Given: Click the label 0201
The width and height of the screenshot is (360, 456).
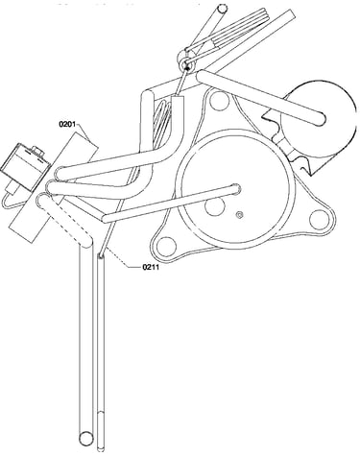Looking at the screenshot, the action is click(x=67, y=124).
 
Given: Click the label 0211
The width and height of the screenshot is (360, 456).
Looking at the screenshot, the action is click(x=151, y=267).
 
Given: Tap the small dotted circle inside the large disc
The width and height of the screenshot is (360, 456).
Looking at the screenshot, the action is click(x=239, y=215).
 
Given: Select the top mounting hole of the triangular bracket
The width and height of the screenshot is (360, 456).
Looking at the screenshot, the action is click(x=218, y=100).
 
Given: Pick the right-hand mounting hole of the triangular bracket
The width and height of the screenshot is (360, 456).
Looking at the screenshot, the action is click(x=318, y=219).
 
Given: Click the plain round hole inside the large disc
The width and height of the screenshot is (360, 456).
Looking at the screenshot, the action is click(x=214, y=206).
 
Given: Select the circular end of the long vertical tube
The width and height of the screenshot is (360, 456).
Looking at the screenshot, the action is click(x=86, y=438).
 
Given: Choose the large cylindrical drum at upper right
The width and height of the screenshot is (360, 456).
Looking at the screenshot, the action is click(x=319, y=119).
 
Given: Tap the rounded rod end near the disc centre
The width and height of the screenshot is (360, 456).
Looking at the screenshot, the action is click(x=235, y=188).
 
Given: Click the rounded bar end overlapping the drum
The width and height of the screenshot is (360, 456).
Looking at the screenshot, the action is click(x=318, y=118).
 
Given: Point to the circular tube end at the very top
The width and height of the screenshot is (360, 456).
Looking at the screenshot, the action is click(x=222, y=8).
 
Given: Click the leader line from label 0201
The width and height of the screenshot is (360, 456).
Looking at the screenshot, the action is click(x=84, y=132).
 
